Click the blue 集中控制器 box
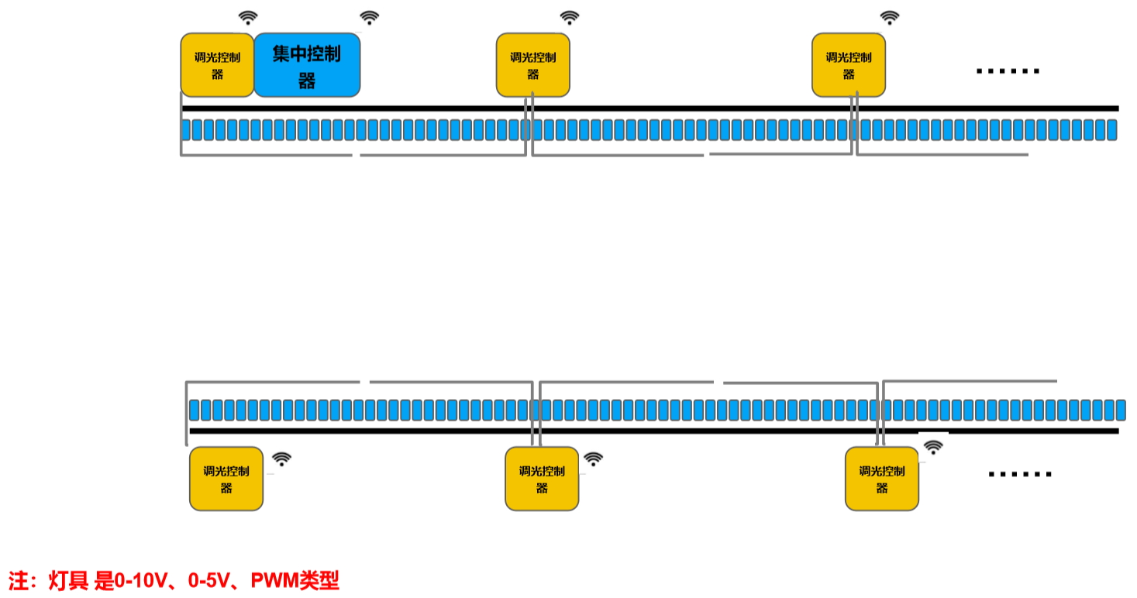[307, 65]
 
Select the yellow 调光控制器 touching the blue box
[217, 65]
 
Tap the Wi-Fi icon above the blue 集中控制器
[370, 18]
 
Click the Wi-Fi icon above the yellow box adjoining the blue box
[248, 18]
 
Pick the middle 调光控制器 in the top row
[532, 65]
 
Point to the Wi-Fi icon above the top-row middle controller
[570, 18]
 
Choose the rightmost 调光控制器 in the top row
[848, 65]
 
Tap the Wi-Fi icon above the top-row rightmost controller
[890, 18]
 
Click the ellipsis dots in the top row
[1008, 71]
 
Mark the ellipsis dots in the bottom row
[1020, 474]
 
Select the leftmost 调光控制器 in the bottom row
[226, 479]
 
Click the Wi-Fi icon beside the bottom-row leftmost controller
[282, 459]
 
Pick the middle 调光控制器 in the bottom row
[542, 479]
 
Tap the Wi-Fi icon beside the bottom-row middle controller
[593, 459]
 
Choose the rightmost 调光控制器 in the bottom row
[881, 479]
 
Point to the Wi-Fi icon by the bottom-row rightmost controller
[934, 447]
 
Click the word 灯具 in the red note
[69, 581]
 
